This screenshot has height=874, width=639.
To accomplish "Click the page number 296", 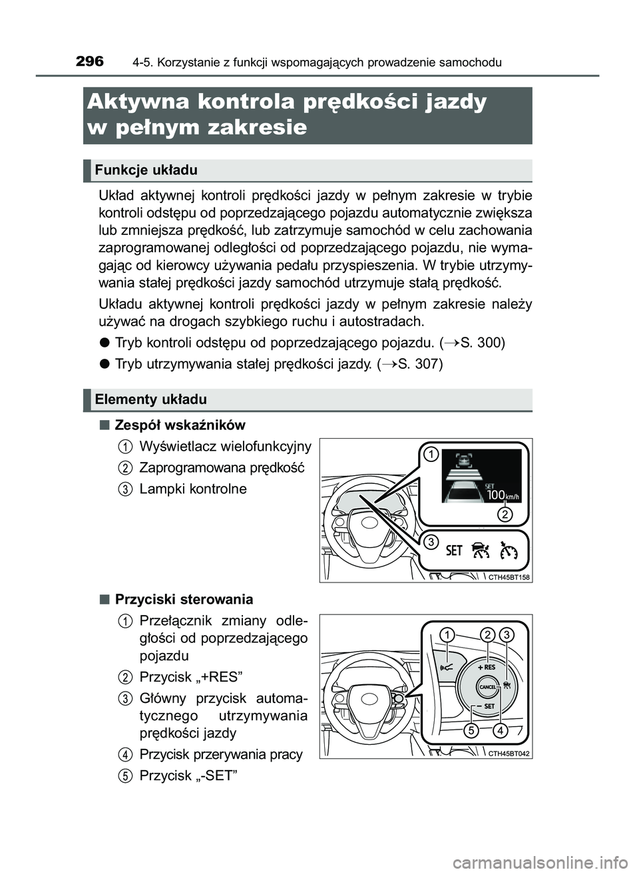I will coord(90,62).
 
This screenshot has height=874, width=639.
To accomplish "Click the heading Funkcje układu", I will coord(146,170).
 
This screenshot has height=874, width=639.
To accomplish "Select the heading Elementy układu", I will coord(150,399).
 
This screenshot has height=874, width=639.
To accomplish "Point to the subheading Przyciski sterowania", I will coord(184,599).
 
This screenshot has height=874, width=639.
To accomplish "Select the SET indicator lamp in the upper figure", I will coord(454,550).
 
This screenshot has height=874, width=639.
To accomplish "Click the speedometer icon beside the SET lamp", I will coord(509,550).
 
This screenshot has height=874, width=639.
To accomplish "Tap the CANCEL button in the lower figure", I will coord(488,686).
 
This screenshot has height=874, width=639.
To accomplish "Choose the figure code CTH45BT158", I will coord(509,577).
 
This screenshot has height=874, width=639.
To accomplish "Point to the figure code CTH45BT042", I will coord(509,754).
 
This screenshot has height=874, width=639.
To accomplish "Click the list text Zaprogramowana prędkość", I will coord(221,467).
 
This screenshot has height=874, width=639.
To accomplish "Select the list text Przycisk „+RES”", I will coord(190,677).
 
